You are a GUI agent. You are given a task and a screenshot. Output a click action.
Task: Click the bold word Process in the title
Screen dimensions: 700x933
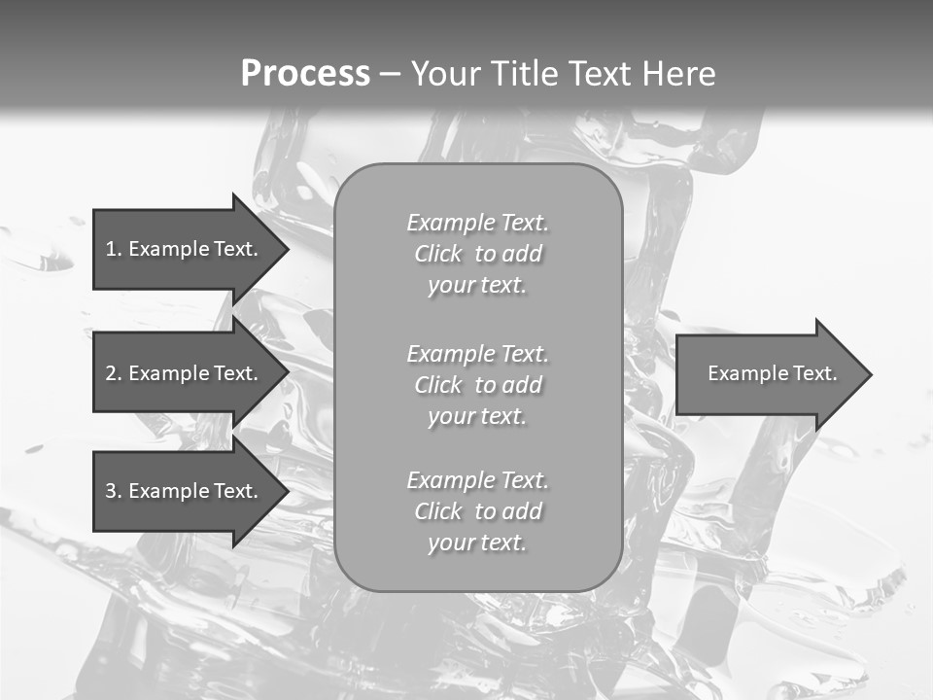tap(305, 74)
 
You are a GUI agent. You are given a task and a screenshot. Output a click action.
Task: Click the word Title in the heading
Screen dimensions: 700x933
tap(523, 74)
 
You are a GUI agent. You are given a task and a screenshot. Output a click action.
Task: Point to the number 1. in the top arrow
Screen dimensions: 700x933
tap(113, 249)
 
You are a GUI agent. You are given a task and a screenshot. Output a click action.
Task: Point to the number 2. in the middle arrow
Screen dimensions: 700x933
tap(113, 373)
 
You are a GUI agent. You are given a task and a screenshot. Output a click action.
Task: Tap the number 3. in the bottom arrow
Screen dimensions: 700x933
tap(113, 491)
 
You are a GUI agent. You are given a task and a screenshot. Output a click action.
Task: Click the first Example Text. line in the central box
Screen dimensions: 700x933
tap(477, 223)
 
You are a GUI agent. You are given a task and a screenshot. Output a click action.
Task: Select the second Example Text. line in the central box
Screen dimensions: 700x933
tap(477, 354)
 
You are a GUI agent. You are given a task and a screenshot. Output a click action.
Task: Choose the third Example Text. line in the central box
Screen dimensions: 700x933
tap(477, 480)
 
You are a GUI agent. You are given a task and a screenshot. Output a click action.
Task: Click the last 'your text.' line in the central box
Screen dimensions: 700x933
tap(477, 542)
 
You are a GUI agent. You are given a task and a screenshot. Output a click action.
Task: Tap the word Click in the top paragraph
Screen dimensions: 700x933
tap(438, 254)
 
